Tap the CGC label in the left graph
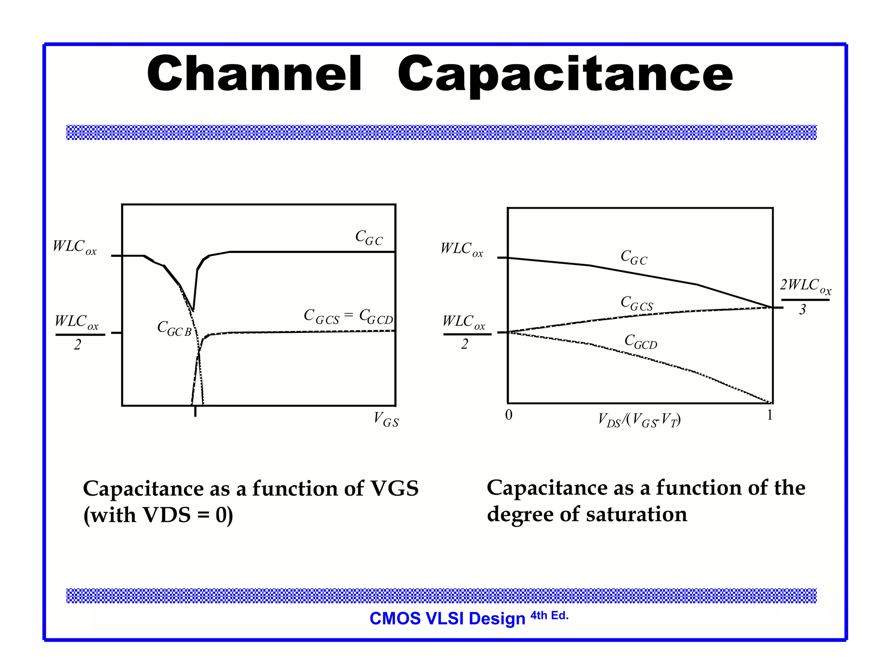pos(369,237)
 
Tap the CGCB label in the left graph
pos(174,328)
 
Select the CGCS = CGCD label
pos(348,316)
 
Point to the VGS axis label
pos(386,419)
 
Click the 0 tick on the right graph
pos(509,415)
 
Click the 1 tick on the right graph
pos(770,415)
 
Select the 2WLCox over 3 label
pos(805,297)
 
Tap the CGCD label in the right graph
pos(641,341)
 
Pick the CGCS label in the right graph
pos(637,303)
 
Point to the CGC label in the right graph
pos(634,257)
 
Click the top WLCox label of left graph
pos(75,247)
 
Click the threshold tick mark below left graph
pos(195,412)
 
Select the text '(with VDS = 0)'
pos(158,515)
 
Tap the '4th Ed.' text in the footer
pos(549,615)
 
